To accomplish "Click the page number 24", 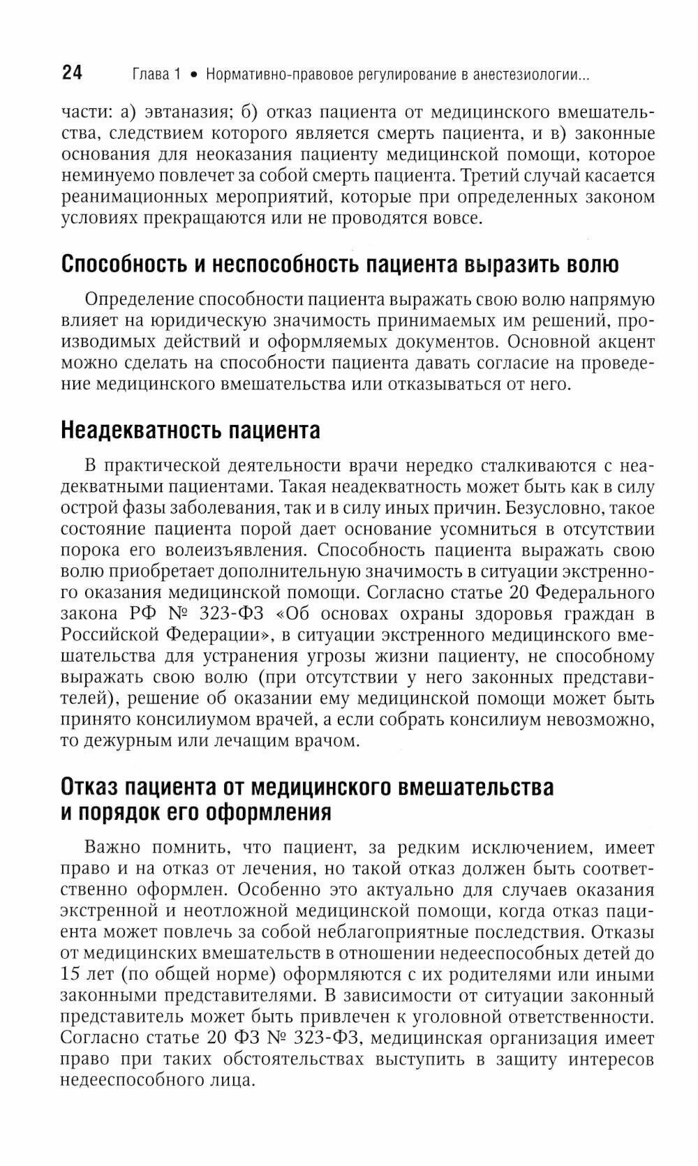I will [73, 73].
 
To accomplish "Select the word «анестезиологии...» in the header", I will [531, 75].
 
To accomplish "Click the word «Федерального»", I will [597, 592].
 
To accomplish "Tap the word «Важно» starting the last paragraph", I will [114, 848].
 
